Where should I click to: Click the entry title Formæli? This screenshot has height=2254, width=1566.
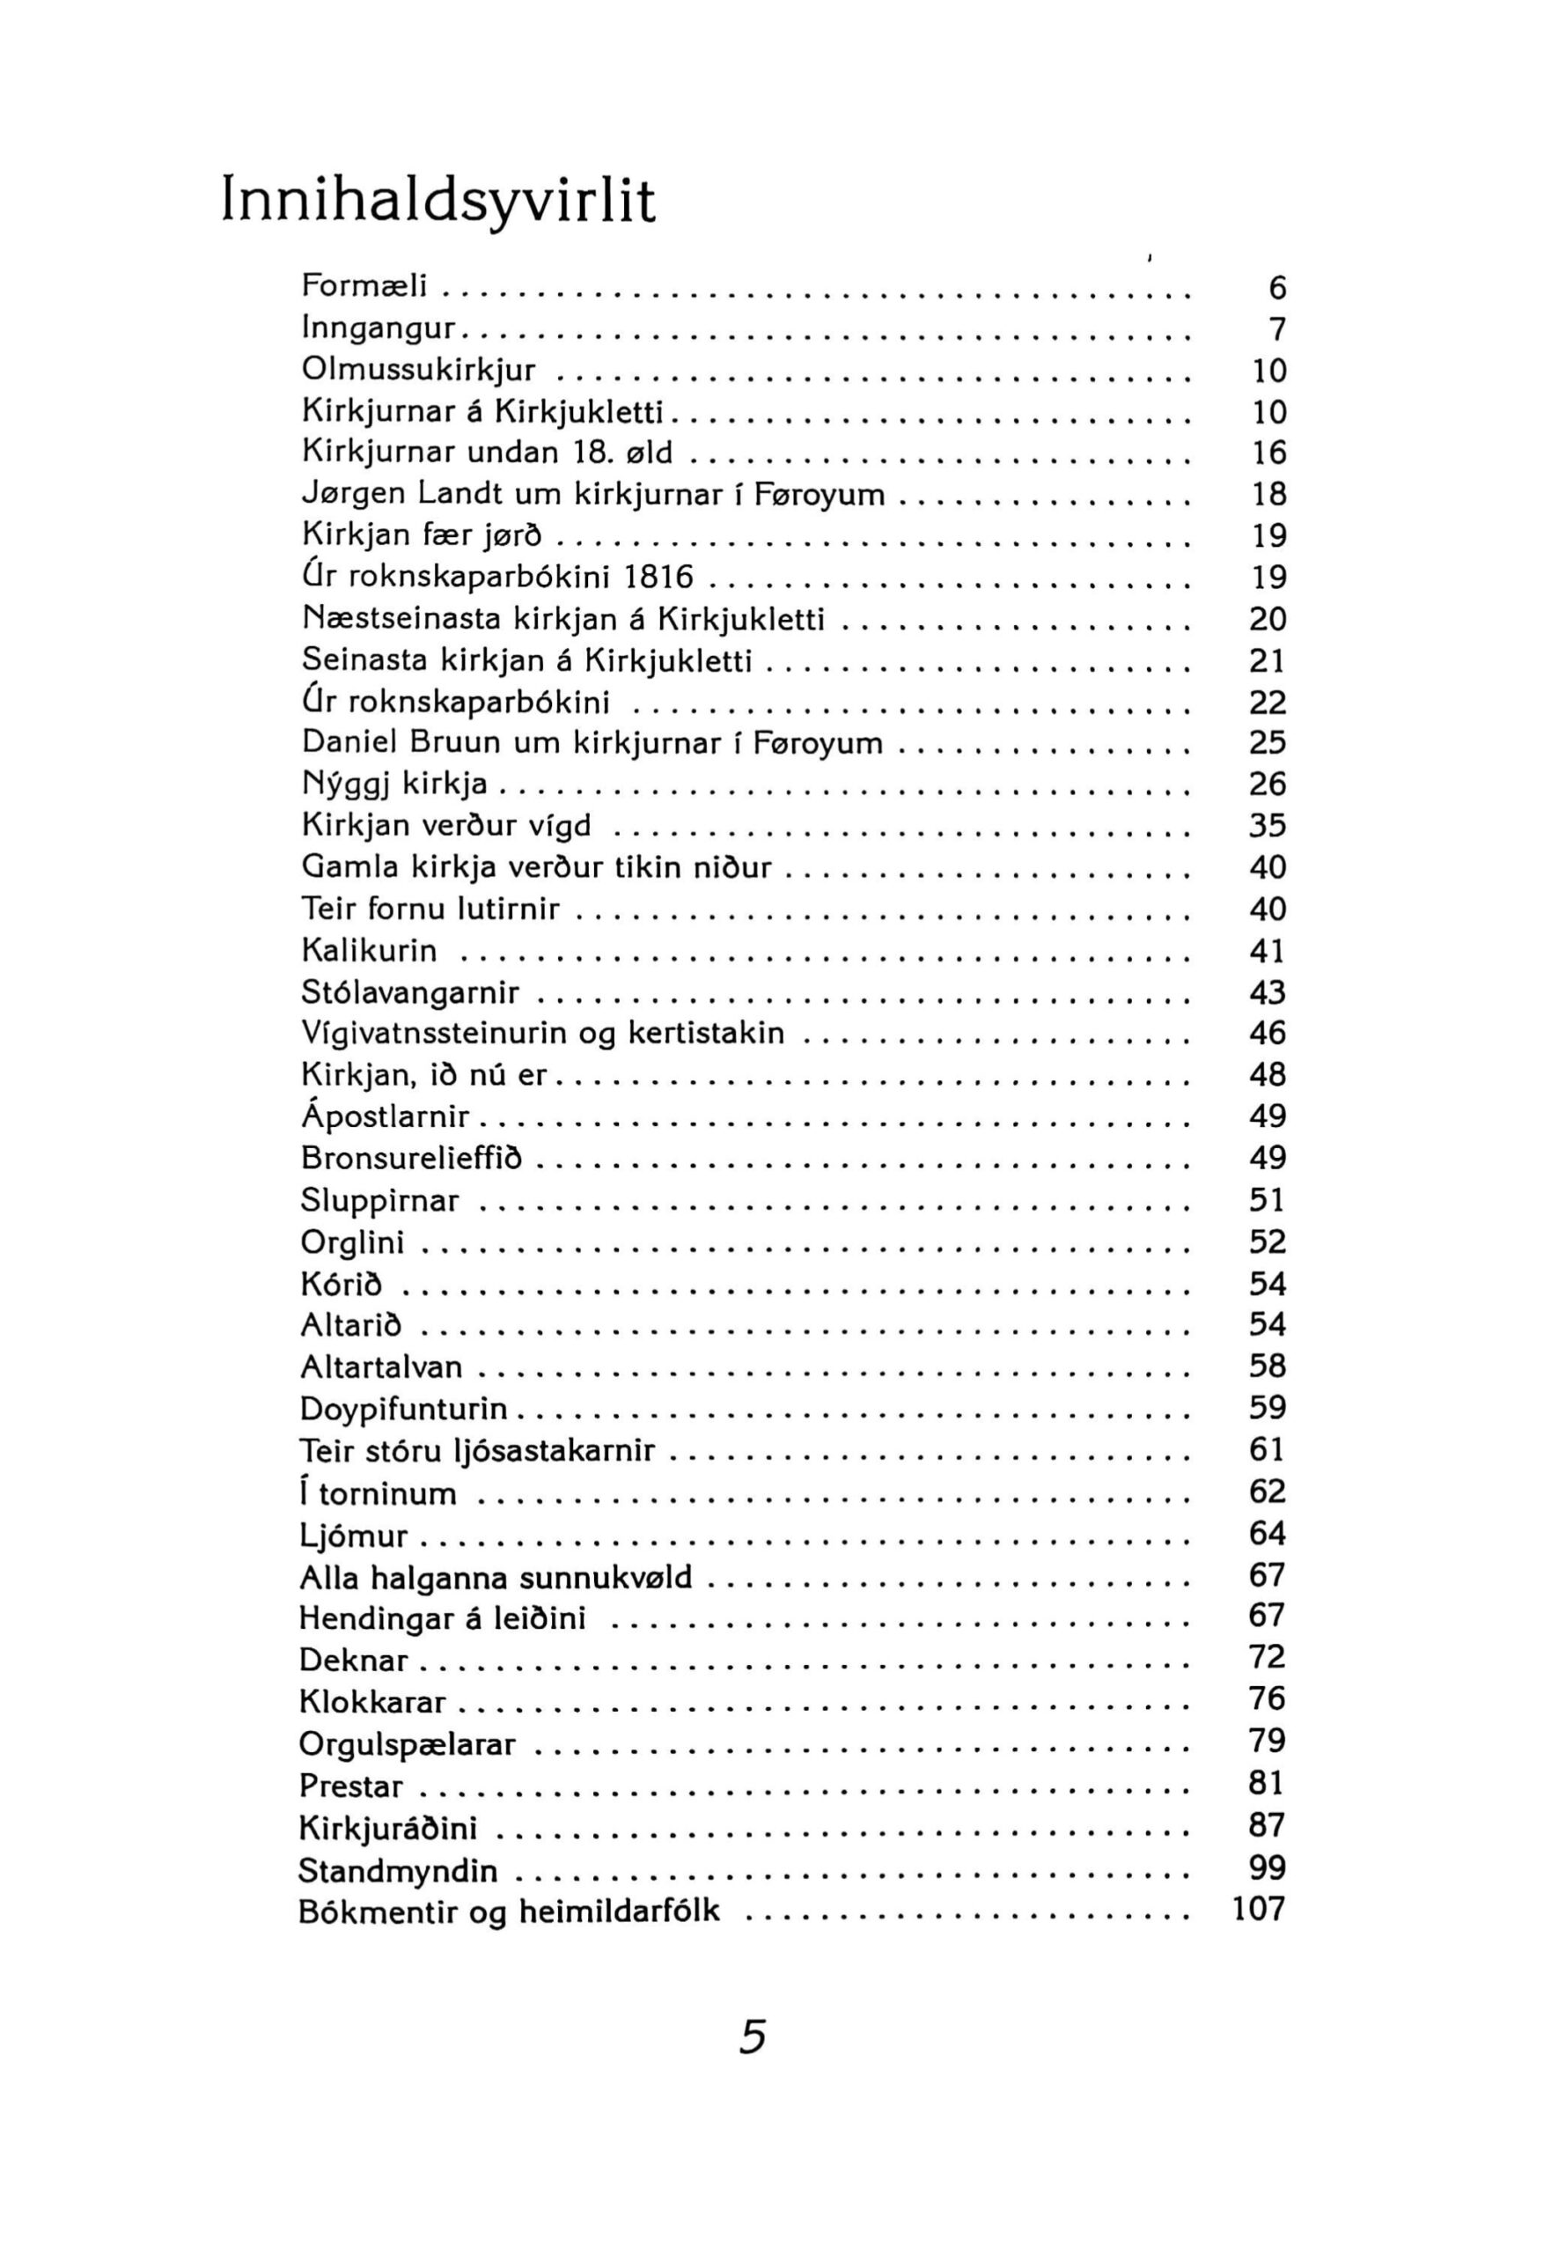coord(364,285)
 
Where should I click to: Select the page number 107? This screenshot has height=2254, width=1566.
coord(1258,1909)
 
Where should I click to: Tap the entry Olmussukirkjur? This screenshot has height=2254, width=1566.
coord(419,369)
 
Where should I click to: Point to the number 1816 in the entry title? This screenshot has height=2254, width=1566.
coord(658,576)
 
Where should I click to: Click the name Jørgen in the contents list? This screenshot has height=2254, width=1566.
coord(353,494)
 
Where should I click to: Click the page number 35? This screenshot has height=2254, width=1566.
coord(1267,825)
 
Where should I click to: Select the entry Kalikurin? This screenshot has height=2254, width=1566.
coord(369,950)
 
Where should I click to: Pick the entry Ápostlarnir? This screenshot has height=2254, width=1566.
coord(385,1116)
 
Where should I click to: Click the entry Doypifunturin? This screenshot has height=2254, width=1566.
coord(403,1408)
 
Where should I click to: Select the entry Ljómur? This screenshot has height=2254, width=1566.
coord(353,1535)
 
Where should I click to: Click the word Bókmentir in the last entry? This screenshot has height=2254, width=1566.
coord(374,1910)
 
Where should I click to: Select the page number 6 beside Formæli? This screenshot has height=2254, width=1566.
coord(1276,288)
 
